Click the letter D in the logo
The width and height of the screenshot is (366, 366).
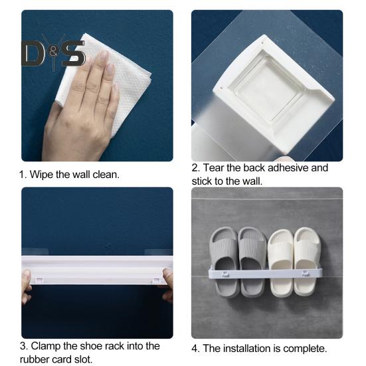coord(33,53)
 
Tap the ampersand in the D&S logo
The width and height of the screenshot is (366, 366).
coord(53,52)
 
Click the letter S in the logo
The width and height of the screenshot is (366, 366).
coord(73,53)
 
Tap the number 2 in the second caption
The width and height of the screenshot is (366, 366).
coord(195,168)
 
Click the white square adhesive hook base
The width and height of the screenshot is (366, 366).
coord(273,94)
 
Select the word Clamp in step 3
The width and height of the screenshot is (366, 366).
coord(45,346)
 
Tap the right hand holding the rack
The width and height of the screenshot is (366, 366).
coord(168,286)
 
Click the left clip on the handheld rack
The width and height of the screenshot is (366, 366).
coord(39,280)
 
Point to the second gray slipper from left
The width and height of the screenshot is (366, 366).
coord(252,262)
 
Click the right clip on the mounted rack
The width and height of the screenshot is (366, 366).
coord(306,273)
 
